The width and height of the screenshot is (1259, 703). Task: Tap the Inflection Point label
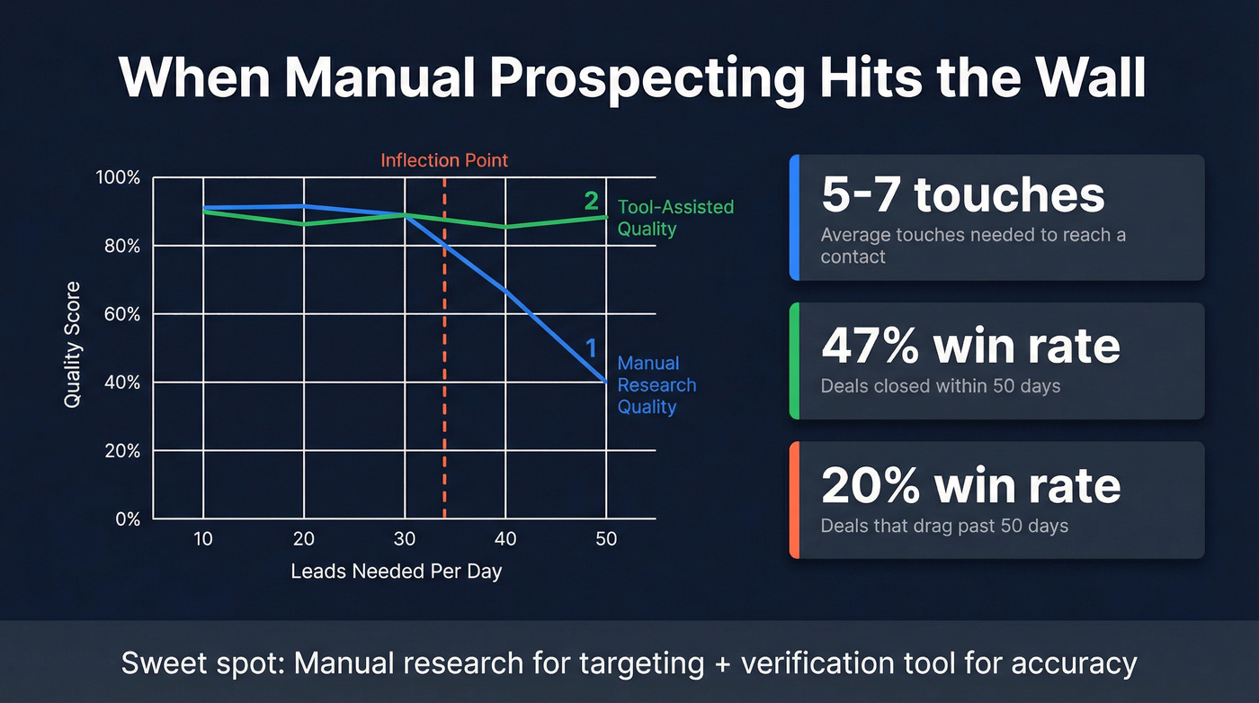pyautogui.click(x=444, y=160)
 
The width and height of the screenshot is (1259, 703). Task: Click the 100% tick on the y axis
pyautogui.click(x=118, y=177)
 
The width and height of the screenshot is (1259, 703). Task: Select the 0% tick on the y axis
pyautogui.click(x=127, y=519)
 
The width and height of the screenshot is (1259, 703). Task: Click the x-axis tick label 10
pyautogui.click(x=203, y=539)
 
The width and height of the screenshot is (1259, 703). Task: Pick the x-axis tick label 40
pyautogui.click(x=505, y=539)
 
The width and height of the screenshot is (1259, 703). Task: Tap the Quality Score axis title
pyautogui.click(x=72, y=345)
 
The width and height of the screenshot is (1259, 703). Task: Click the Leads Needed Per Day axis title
pyautogui.click(x=397, y=572)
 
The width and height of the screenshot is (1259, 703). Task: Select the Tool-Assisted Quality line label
pyautogui.click(x=674, y=217)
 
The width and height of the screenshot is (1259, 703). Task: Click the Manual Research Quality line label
pyautogui.click(x=656, y=385)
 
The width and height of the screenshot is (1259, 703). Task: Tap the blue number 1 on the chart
pyautogui.click(x=591, y=347)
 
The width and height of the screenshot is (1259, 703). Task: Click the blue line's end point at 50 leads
pyautogui.click(x=606, y=382)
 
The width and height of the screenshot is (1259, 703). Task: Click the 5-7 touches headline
pyautogui.click(x=963, y=196)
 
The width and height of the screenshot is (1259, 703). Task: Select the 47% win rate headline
pyautogui.click(x=970, y=347)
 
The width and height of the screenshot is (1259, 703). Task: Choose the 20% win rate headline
pyautogui.click(x=970, y=486)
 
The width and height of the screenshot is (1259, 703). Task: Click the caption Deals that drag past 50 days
pyautogui.click(x=944, y=525)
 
